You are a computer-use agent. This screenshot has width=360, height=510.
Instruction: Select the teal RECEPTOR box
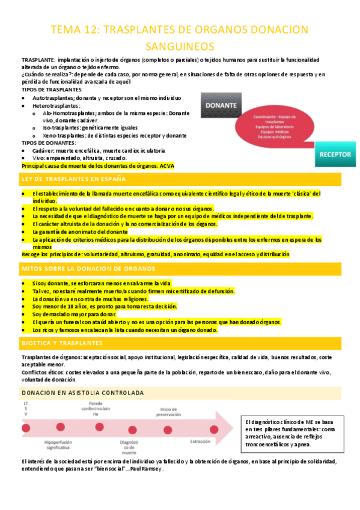click(334, 154)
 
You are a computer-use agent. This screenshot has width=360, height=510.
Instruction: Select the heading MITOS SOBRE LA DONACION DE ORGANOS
click(88, 268)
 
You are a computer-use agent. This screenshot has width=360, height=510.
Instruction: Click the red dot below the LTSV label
click(26, 428)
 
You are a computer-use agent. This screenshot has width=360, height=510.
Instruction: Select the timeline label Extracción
click(200, 441)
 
